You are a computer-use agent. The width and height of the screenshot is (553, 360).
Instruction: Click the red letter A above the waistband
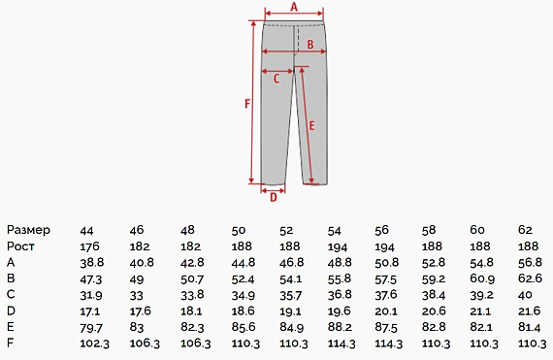point(294,7)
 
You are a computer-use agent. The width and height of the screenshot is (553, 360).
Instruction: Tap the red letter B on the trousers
point(310,45)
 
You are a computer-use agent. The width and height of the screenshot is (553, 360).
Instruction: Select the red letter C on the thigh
point(276,79)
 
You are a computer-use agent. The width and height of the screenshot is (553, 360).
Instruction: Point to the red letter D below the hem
point(274,198)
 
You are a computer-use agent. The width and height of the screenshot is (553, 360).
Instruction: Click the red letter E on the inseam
point(311,126)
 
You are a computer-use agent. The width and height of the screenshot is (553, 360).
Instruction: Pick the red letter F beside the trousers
point(247,104)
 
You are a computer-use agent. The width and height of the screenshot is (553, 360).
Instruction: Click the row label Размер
point(28,230)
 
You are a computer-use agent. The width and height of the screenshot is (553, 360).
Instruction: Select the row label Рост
point(20,246)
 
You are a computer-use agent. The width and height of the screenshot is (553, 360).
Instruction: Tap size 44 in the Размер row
point(86,231)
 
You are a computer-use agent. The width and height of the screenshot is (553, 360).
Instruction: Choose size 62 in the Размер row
point(525,230)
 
